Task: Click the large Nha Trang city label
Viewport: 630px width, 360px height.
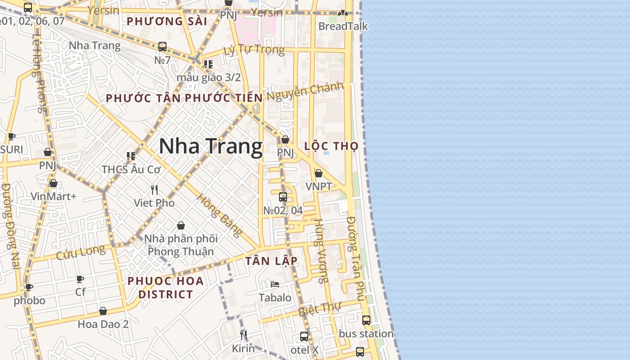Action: pos(211,147)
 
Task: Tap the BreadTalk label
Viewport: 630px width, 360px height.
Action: pos(343,26)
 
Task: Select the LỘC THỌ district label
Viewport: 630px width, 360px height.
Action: pos(331,146)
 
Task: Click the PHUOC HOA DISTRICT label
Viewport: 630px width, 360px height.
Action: pos(165,288)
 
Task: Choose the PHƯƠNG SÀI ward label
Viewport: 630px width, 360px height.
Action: pos(167,21)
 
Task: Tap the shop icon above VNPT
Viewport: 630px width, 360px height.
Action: pos(319,173)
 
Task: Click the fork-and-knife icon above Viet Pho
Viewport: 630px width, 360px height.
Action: pos(154,189)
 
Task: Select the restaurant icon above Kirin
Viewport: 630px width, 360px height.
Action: pos(243,335)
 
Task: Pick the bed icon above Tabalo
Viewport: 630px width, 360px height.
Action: pos(275,284)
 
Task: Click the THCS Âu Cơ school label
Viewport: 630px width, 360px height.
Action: pos(131,170)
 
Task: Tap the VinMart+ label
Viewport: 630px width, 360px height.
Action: pos(54,196)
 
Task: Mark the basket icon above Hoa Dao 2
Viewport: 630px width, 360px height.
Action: pos(103,311)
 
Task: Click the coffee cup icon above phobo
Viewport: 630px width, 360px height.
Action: pos(29,287)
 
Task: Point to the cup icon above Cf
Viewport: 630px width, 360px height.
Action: pos(80,279)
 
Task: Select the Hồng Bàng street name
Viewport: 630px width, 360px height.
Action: pos(220,215)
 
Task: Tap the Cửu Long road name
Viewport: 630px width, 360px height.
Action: pos(81,252)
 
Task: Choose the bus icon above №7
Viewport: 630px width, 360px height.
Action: pos(162,46)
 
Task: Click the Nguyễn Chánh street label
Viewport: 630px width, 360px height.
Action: pos(305,91)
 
